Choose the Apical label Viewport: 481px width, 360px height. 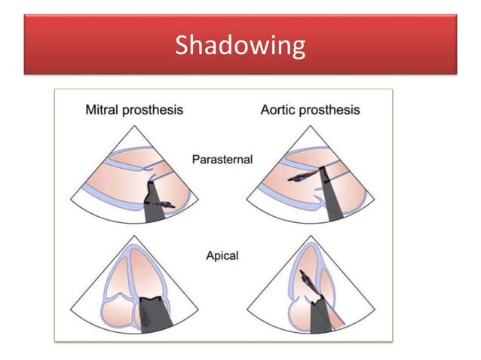(x=222, y=256)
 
